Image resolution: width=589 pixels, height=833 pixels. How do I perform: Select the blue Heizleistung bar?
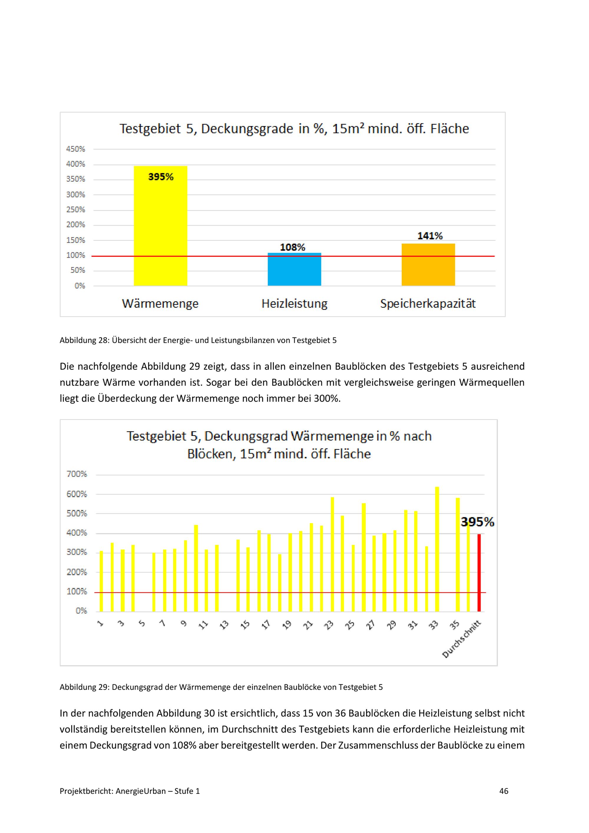[x=294, y=269]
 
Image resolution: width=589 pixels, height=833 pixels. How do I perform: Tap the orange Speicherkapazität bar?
[x=428, y=265]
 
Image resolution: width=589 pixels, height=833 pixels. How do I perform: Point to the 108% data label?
[x=292, y=247]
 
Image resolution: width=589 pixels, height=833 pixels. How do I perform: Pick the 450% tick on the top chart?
[x=75, y=149]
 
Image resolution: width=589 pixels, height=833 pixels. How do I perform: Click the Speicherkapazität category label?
[x=428, y=303]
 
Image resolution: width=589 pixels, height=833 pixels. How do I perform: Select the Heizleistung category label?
[x=294, y=303]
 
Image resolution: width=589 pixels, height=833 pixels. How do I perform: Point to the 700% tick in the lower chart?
[x=77, y=474]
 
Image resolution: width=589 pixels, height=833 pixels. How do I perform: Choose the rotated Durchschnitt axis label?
[x=462, y=639]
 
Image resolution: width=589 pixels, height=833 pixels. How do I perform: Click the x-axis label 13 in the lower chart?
[x=224, y=624]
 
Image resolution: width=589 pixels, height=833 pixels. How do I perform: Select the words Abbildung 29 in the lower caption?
[x=83, y=687]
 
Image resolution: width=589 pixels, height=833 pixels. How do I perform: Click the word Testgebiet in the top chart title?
[x=150, y=129]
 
